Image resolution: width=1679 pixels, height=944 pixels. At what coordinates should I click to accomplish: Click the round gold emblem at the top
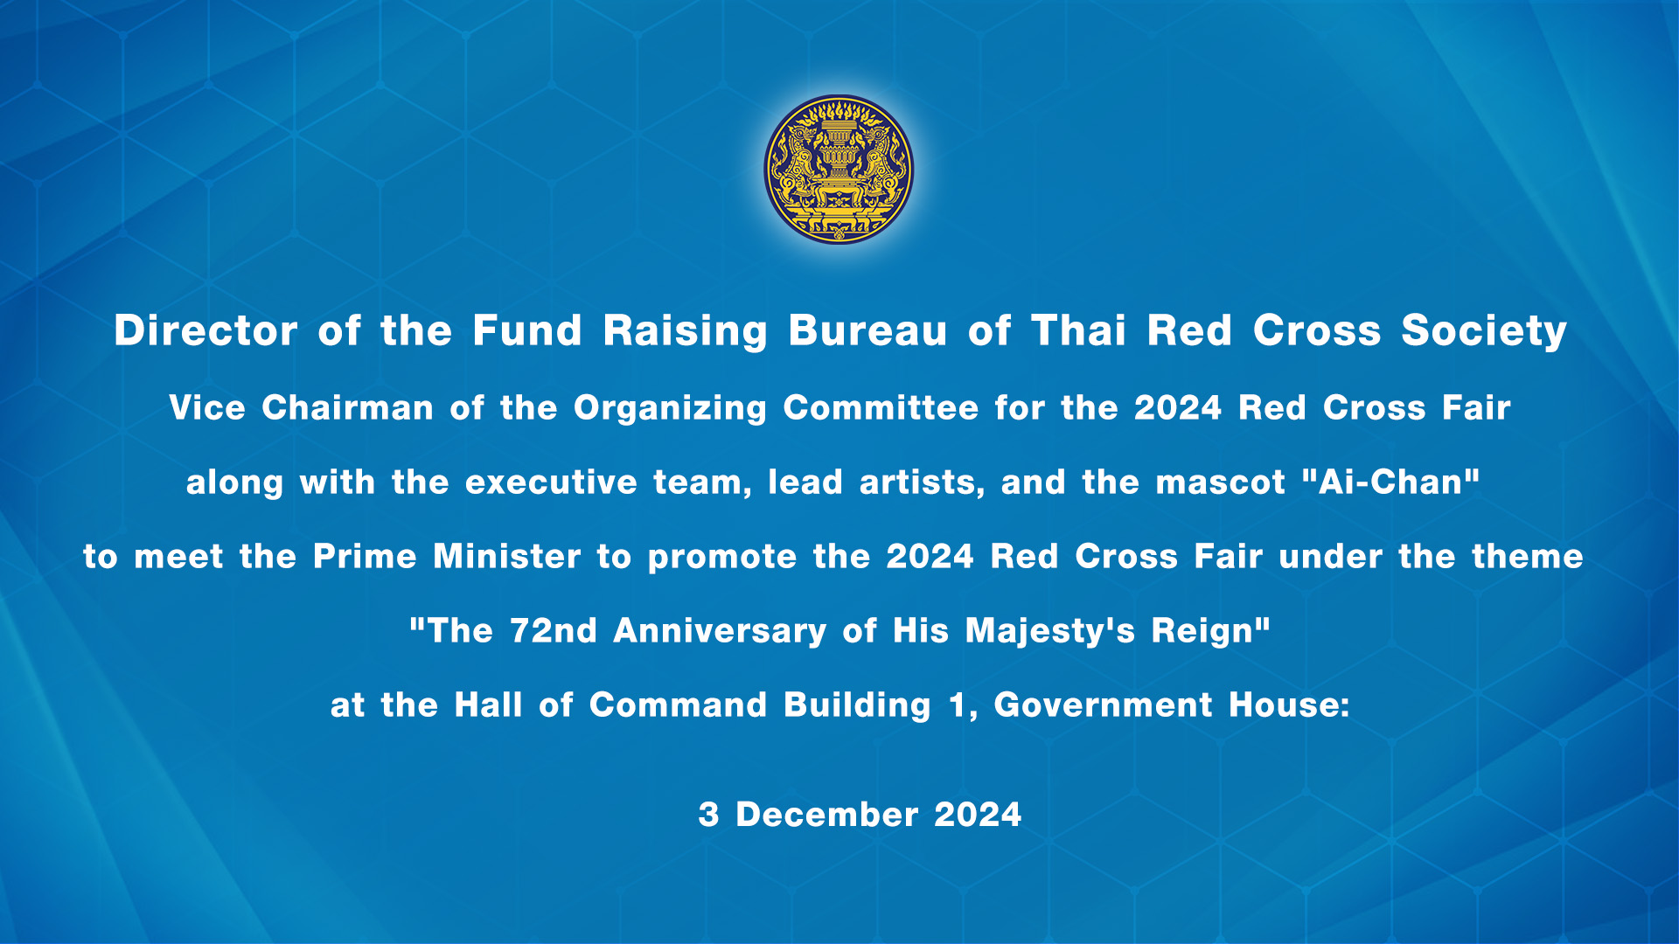click(839, 170)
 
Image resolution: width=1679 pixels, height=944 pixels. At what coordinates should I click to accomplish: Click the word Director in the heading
click(206, 331)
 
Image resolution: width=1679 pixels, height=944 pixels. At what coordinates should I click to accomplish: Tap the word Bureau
click(867, 331)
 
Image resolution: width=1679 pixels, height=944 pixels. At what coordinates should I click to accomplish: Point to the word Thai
click(1078, 331)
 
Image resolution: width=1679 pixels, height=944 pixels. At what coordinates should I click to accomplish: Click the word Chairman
click(347, 408)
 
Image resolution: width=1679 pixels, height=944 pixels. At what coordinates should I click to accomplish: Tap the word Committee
click(881, 408)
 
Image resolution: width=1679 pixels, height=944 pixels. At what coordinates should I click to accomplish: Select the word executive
click(551, 482)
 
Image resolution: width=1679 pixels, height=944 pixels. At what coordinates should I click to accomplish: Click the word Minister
click(506, 557)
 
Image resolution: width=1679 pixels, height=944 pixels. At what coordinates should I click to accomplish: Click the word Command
click(678, 705)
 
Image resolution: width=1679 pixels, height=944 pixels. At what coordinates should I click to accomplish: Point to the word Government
click(1104, 705)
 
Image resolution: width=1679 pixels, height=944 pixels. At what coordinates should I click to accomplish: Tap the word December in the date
click(826, 815)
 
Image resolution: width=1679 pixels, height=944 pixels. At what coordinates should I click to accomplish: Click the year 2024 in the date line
click(978, 815)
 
